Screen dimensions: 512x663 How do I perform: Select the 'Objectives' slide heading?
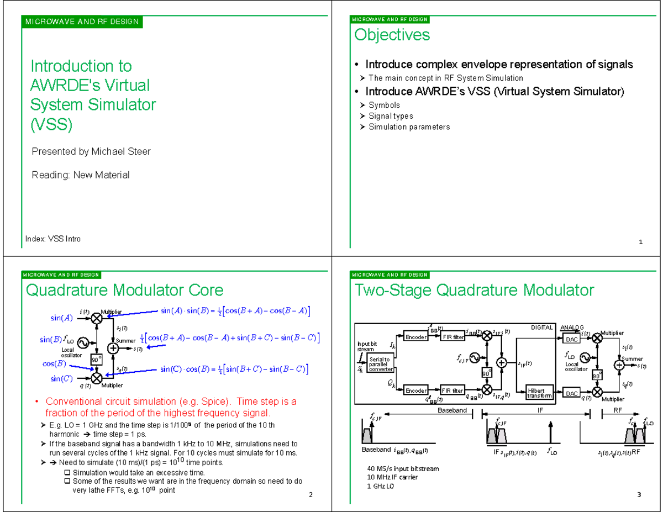coord(392,35)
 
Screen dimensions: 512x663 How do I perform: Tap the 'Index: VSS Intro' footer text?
coord(53,239)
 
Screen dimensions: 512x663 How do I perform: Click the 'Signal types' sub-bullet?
coord(391,116)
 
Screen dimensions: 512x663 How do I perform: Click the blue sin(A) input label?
coord(61,318)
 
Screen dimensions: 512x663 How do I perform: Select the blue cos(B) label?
coord(54,364)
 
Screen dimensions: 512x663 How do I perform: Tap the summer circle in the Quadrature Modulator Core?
coord(113,349)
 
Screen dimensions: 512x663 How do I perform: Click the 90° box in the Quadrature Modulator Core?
coord(97,360)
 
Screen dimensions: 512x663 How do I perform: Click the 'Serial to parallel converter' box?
coord(380,365)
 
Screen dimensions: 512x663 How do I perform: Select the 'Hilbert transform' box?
coord(536,393)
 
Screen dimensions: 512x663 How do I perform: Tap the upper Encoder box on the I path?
coord(415,337)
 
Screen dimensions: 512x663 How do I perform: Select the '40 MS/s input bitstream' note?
coord(403,468)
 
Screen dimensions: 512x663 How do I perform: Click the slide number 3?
coord(638,494)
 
